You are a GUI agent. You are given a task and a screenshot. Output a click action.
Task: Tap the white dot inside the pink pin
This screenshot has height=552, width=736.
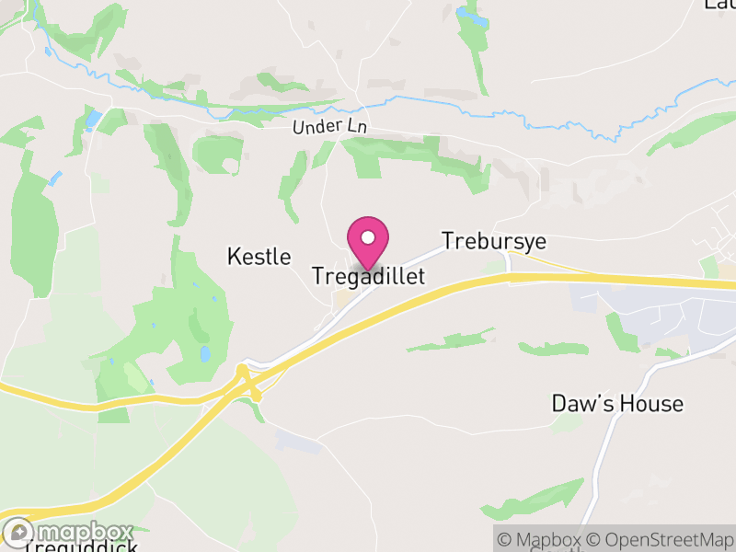[x=368, y=237]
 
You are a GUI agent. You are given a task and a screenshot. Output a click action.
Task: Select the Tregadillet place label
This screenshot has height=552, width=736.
[x=368, y=275]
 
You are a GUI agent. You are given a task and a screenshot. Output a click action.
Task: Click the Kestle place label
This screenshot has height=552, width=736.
[x=259, y=257]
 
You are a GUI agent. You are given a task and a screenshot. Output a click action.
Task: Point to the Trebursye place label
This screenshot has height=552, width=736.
[x=493, y=241]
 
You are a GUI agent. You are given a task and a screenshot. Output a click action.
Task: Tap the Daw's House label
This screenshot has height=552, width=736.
[x=617, y=403]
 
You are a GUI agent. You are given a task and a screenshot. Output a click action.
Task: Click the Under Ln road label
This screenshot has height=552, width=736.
[x=329, y=127]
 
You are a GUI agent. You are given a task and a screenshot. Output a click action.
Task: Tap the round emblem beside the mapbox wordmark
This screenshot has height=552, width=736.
[x=20, y=532]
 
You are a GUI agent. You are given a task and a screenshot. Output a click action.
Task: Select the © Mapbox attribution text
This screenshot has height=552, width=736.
[x=538, y=540]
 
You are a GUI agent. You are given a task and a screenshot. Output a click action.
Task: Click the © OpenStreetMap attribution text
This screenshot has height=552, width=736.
[x=661, y=540]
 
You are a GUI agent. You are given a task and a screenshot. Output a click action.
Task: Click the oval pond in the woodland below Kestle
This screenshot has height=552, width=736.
[x=204, y=353]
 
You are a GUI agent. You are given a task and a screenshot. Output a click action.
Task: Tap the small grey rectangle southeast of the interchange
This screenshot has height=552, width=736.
[x=299, y=442]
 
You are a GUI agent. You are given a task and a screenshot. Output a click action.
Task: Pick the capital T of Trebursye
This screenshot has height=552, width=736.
[x=449, y=241]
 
